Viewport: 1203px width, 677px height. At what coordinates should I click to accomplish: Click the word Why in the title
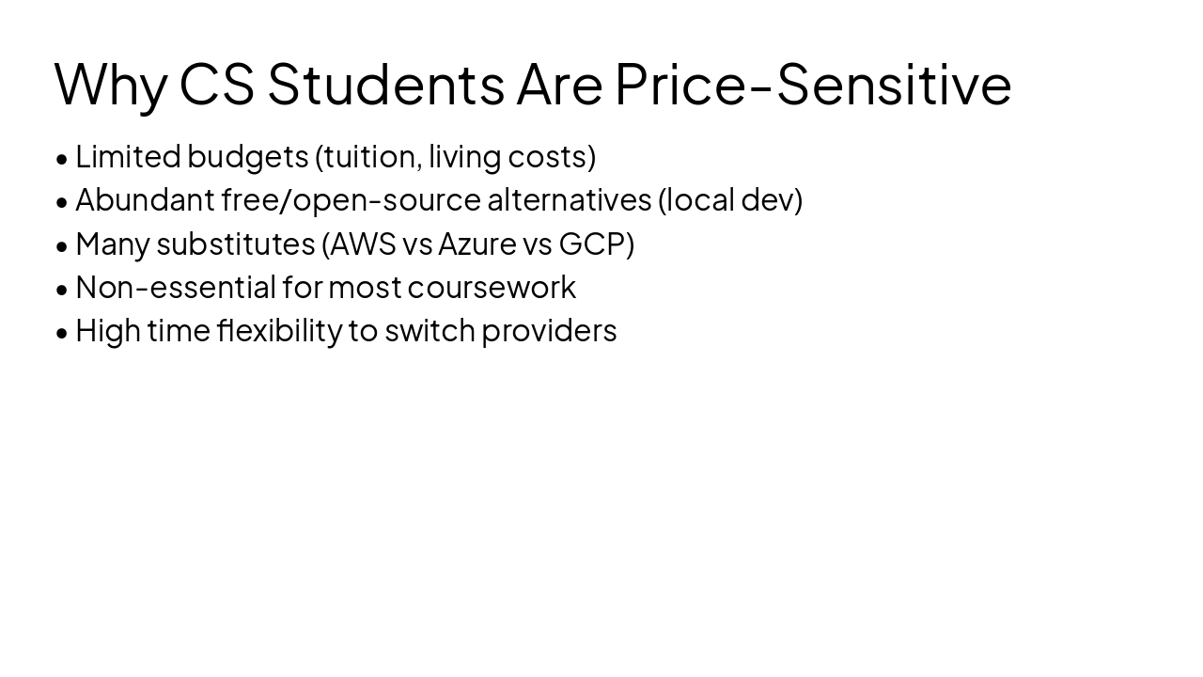(111, 85)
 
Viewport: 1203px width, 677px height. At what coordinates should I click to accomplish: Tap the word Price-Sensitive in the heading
(813, 85)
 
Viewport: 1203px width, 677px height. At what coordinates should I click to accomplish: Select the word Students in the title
(385, 85)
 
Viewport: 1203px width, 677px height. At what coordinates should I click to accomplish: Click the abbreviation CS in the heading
(216, 85)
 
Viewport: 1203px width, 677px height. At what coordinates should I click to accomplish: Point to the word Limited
(127, 156)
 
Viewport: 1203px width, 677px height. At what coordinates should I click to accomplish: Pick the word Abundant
(145, 200)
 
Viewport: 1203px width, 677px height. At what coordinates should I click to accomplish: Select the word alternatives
(569, 200)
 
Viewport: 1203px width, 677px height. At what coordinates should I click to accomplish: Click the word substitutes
(235, 244)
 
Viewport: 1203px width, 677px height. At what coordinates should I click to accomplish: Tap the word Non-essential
(175, 287)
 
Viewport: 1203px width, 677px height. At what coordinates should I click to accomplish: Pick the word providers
(549, 331)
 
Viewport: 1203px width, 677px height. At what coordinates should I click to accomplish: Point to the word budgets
(247, 156)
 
